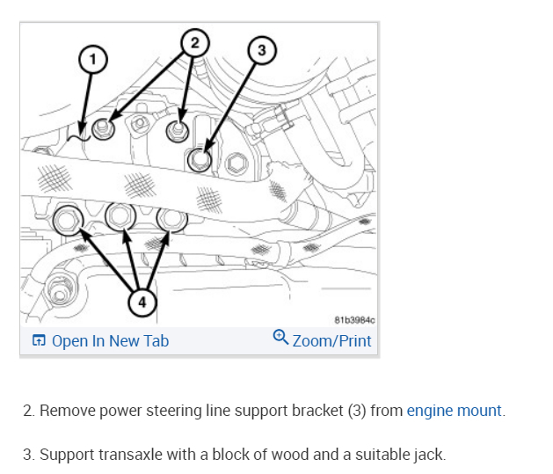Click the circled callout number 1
(91, 59)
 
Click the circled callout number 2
(195, 40)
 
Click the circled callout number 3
(259, 50)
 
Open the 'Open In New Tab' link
(110, 341)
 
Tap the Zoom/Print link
(331, 341)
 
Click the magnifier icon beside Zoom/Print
(280, 338)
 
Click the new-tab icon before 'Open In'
(39, 341)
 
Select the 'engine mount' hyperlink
(455, 411)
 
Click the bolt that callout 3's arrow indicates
(200, 159)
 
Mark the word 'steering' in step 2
(164, 411)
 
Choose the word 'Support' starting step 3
(66, 455)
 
